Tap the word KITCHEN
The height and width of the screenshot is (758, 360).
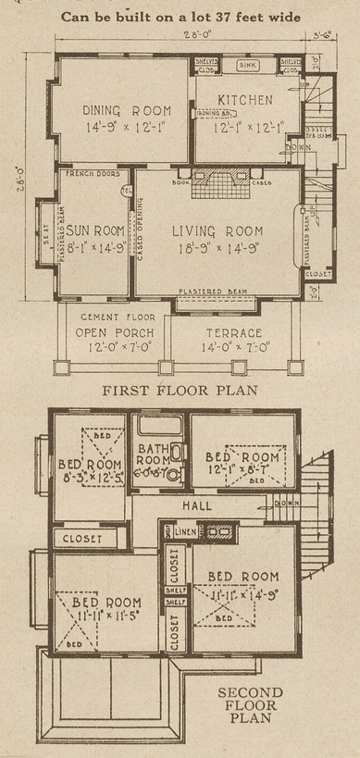tap(244, 99)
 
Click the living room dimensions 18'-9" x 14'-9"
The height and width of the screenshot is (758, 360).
tap(220, 251)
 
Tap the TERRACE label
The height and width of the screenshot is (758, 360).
tap(235, 332)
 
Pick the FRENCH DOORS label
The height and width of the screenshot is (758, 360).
tap(89, 173)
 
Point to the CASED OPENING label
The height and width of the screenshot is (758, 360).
tap(141, 233)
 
